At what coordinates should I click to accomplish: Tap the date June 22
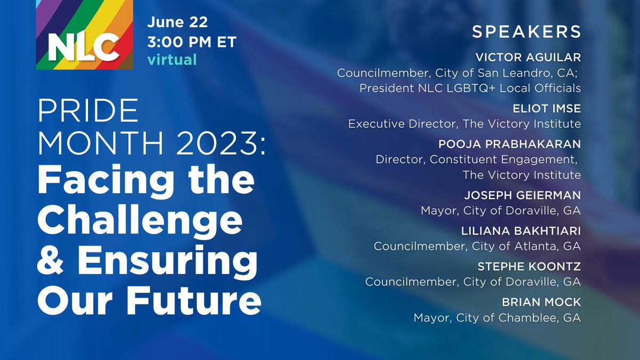click(x=178, y=23)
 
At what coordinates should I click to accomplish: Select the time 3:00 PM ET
click(x=191, y=42)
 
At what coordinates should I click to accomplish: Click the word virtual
click(x=172, y=59)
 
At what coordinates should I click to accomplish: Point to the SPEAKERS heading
click(x=526, y=31)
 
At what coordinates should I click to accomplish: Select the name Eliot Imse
click(x=547, y=108)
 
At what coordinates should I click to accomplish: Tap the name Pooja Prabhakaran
click(x=510, y=144)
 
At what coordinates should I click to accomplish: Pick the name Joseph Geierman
click(x=521, y=195)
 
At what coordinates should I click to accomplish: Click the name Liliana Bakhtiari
click(x=522, y=231)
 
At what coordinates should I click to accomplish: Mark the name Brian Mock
click(x=541, y=302)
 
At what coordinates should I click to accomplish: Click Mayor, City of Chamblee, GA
click(x=497, y=318)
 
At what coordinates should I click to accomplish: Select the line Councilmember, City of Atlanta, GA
click(x=477, y=246)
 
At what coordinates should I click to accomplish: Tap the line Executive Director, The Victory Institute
click(x=464, y=124)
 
